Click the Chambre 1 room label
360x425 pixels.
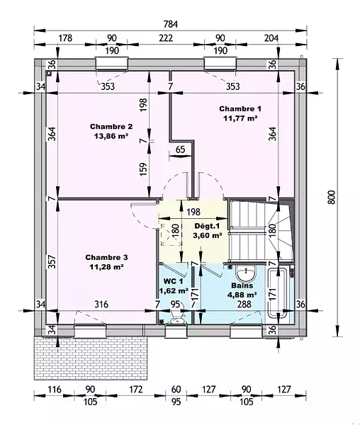point(240,108)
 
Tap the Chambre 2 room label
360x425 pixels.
point(111,127)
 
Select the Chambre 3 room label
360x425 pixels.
point(106,257)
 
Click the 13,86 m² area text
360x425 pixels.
point(111,136)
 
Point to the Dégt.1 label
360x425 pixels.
point(208,226)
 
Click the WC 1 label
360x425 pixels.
point(173,281)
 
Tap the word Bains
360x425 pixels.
point(242,285)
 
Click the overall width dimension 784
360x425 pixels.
point(171,24)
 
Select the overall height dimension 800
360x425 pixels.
point(332,197)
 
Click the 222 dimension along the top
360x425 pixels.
point(166,38)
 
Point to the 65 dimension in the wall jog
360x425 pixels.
point(180,149)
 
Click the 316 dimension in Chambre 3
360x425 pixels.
point(101,304)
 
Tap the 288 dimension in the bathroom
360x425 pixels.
point(244,304)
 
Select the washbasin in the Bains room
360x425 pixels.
point(246,273)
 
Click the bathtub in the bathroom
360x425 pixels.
point(277,293)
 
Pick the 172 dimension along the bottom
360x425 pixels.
point(135,390)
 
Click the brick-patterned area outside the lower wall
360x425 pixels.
point(91,358)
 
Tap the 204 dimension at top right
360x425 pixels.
point(271,38)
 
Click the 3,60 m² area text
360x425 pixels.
point(208,235)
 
